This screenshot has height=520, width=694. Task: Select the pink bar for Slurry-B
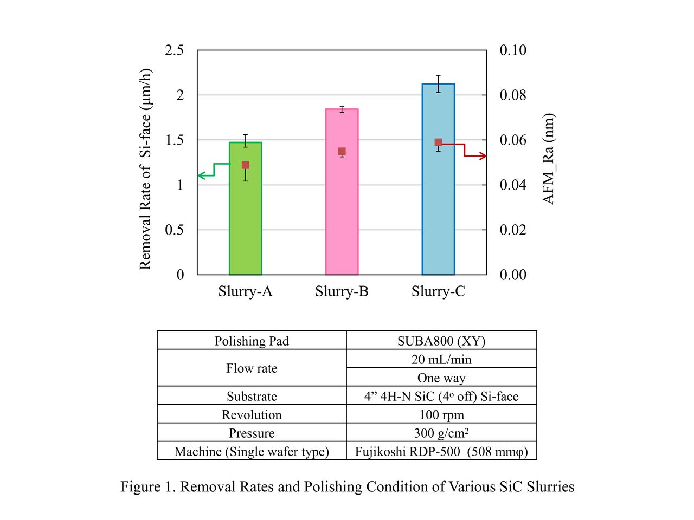pyautogui.click(x=342, y=217)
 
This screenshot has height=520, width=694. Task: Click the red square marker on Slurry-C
pyautogui.click(x=438, y=142)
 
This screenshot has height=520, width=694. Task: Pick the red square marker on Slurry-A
pyautogui.click(x=246, y=165)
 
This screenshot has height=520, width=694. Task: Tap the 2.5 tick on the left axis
pyautogui.click(x=174, y=50)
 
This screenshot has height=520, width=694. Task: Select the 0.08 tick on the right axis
pyautogui.click(x=512, y=95)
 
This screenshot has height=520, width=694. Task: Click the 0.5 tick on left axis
pyautogui.click(x=174, y=230)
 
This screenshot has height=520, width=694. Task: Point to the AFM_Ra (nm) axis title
pyautogui.click(x=548, y=159)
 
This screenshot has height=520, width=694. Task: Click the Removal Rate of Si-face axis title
pyautogui.click(x=145, y=169)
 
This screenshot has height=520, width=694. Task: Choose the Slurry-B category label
pyautogui.click(x=342, y=291)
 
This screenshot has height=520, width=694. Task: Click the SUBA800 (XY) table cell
pyautogui.click(x=441, y=341)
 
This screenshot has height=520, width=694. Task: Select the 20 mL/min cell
pyautogui.click(x=441, y=359)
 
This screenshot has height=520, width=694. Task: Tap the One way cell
pyautogui.click(x=441, y=378)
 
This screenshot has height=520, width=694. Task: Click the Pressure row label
pyautogui.click(x=252, y=433)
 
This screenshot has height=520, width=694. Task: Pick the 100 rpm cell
pyautogui.click(x=441, y=415)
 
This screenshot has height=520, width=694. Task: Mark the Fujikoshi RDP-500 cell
pyautogui.click(x=441, y=451)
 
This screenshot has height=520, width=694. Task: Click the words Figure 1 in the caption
pyautogui.click(x=147, y=486)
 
